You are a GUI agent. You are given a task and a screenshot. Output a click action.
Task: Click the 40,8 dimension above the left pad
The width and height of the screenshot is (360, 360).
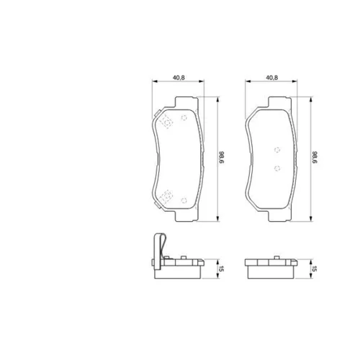[x=179, y=78]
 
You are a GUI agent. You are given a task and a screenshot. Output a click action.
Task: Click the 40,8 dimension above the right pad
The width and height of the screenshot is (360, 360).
[x=271, y=78]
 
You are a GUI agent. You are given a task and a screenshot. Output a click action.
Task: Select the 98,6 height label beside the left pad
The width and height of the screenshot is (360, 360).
[x=221, y=158]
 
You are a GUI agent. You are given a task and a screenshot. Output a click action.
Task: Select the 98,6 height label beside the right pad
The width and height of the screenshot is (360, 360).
[x=315, y=158]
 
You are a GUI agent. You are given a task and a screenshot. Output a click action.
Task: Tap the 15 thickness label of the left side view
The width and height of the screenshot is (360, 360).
[x=221, y=269]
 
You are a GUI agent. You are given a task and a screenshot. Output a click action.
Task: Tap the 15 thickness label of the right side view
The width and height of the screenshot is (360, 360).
[x=315, y=269]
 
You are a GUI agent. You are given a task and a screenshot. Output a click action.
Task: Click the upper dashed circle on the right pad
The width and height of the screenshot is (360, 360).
[x=277, y=150]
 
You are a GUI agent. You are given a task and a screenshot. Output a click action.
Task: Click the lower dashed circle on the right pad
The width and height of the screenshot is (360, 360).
[x=277, y=168]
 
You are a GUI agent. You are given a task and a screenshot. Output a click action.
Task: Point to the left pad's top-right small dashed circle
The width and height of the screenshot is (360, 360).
[x=184, y=117]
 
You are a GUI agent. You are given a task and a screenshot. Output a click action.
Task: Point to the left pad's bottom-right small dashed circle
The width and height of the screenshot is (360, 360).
[x=184, y=200]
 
